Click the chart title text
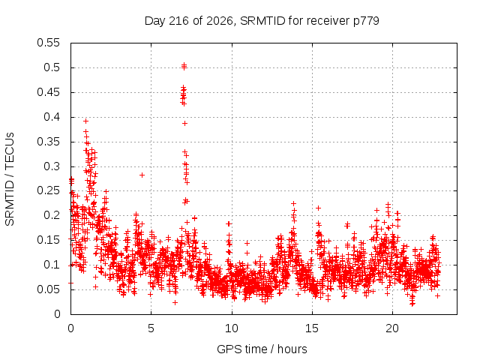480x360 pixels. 262,21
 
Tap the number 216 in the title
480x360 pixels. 179,21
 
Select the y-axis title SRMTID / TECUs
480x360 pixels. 10,179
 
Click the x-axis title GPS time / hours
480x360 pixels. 262,349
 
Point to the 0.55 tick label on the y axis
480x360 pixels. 48,43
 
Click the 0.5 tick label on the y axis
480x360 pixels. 52,67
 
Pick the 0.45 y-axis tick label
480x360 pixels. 48,92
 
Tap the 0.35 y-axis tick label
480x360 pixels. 48,142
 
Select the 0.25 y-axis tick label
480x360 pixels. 48,191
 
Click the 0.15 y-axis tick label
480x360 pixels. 48,240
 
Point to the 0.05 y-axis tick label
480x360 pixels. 48,289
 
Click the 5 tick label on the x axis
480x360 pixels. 151,328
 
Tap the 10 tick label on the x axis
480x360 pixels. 232,328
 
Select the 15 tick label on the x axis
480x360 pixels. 312,328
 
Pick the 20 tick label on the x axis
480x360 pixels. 392,328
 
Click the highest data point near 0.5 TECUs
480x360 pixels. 184,64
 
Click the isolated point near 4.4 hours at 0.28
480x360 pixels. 142,175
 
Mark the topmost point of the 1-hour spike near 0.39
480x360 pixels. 86,121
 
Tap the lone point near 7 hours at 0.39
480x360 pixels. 184,123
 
